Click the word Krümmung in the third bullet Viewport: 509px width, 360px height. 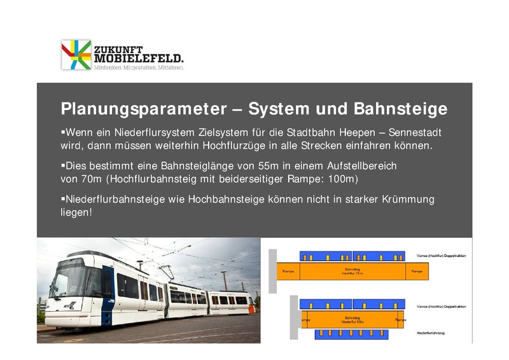pos(408,199)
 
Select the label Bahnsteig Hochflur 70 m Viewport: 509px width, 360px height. pos(352,272)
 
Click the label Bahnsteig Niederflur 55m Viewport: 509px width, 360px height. pos(352,319)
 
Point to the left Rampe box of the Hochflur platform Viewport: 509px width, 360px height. pos(288,272)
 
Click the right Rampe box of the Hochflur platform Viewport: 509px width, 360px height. pos(417,272)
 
